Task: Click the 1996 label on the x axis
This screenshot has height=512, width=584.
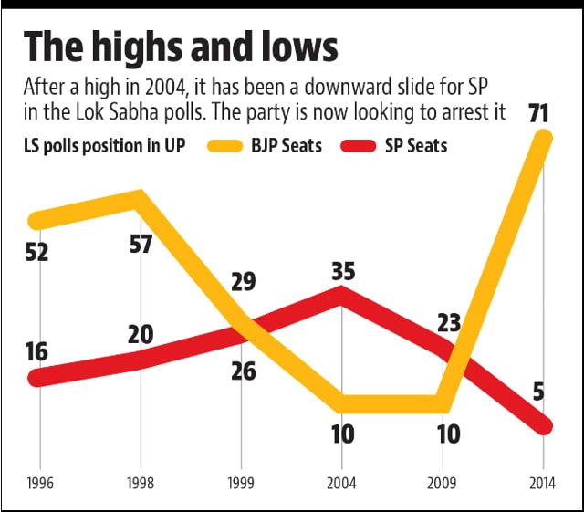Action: pos(39,480)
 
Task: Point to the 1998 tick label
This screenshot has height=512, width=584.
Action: pos(140,480)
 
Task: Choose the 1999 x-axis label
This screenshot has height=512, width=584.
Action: pos(241,480)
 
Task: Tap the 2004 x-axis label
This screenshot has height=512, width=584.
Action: pos(341,480)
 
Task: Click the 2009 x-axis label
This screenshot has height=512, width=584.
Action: pos(443,480)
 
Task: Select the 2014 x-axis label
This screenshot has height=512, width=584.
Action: pos(543,480)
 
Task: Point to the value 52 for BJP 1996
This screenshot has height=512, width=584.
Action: pos(38,252)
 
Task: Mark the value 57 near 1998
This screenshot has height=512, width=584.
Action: pos(140,246)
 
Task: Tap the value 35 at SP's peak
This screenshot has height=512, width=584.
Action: pos(341,271)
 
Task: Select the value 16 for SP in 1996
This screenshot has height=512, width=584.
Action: pos(38,352)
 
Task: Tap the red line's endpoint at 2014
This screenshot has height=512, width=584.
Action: pos(543,425)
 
